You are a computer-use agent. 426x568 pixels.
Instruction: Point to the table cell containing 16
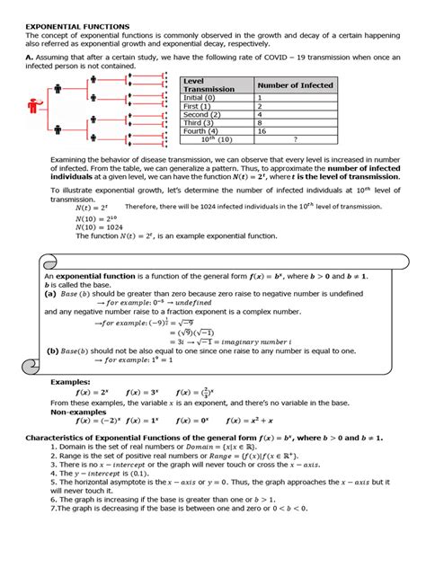coord(263,131)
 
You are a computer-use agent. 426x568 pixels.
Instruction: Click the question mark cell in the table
coord(296,140)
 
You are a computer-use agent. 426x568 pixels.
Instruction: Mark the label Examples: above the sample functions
coord(69,381)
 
